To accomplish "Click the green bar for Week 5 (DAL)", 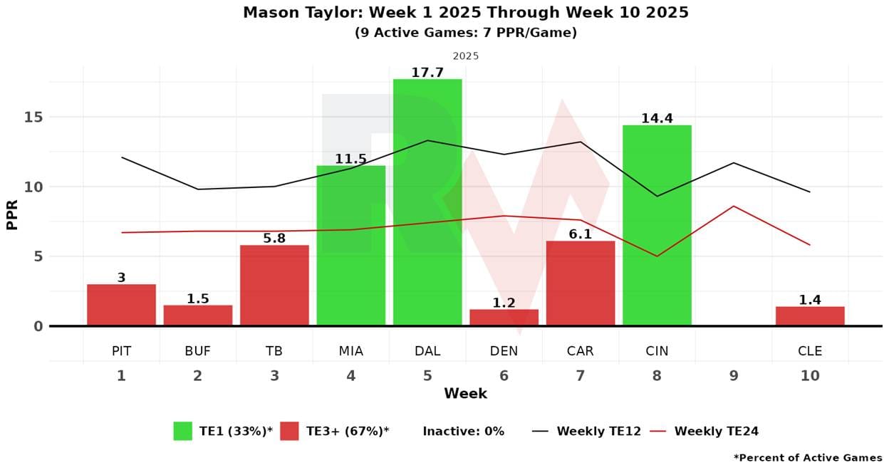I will click(427, 202).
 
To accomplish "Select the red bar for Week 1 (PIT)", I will click(121, 305).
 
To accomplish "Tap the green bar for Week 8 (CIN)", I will click(657, 225).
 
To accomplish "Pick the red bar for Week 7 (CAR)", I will click(581, 283).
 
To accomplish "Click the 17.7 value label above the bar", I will click(427, 73).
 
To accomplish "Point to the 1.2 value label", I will click(504, 303).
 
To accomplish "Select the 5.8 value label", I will click(274, 239).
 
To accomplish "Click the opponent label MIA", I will click(350, 351).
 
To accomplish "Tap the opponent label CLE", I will click(810, 351).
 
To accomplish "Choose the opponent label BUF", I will click(197, 351).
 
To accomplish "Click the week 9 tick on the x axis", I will click(734, 375).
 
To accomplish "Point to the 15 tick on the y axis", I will click(33, 117).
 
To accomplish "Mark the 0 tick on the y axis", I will click(37, 326).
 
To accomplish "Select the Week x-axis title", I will click(465, 394).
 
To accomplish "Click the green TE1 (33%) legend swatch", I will click(182, 431).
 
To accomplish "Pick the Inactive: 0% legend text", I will click(463, 431).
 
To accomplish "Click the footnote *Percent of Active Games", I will click(807, 458).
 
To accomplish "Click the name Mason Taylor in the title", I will click(291, 13).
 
